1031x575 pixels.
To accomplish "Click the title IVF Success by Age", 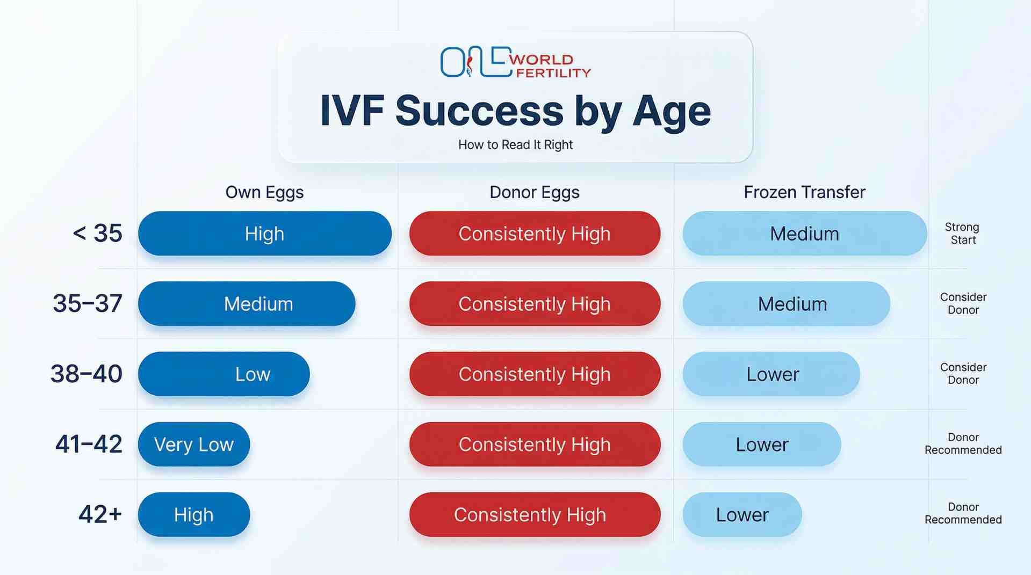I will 515,111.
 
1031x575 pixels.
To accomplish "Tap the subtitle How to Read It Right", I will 515,145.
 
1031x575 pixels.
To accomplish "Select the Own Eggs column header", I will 264,192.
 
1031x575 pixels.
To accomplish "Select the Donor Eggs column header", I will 534,192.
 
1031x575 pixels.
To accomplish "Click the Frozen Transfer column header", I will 804,192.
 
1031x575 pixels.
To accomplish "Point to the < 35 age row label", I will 97,234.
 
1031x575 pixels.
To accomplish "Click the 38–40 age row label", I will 86,374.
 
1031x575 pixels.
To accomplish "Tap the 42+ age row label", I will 100,514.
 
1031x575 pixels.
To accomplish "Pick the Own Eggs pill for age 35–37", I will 247,304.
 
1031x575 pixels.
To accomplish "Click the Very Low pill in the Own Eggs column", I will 194,445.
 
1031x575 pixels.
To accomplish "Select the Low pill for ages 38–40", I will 224,374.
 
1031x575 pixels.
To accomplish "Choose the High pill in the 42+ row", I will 194,515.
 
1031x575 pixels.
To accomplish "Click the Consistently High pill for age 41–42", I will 535,445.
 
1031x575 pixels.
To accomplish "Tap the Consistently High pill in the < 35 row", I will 535,234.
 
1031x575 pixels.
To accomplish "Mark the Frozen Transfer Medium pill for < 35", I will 804,234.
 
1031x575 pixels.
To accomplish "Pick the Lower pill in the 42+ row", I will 742,515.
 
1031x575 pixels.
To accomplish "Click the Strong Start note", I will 962,234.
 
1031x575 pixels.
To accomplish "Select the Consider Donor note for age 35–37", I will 963,303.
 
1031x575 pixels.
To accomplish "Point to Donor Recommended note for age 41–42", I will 963,443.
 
